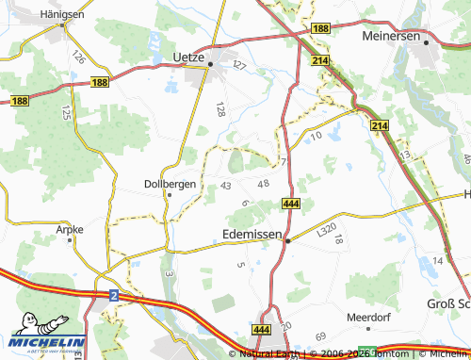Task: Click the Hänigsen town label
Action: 63,15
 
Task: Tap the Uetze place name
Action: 189,57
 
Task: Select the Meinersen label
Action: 390,36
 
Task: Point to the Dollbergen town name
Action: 170,183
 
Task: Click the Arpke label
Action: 70,228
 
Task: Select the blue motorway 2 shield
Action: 113,295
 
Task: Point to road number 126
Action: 78,56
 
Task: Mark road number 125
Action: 65,113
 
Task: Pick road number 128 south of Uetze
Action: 221,109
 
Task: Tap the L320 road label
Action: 326,229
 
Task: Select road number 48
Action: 263,183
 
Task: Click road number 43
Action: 225,186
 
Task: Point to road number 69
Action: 320,336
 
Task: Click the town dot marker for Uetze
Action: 211,64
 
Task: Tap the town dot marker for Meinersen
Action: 426,41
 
